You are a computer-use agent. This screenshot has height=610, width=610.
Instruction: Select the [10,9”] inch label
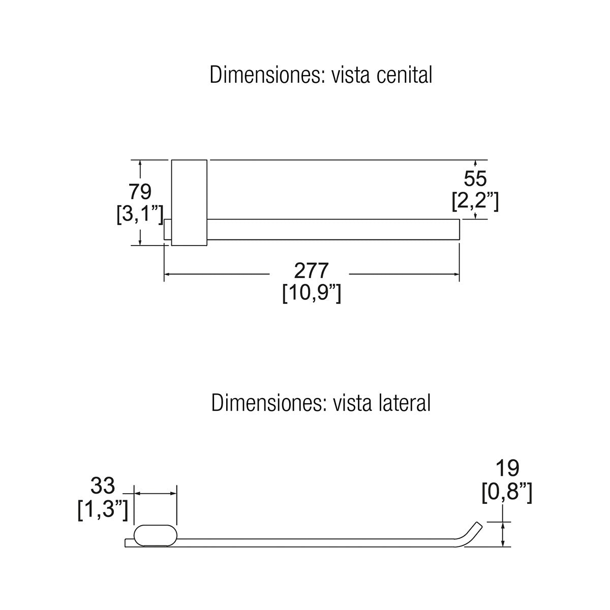click(x=312, y=293)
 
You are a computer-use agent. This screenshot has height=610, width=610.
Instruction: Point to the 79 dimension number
click(x=140, y=192)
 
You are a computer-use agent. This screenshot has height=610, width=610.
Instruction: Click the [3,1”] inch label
click(x=140, y=215)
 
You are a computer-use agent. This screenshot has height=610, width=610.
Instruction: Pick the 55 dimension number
click(x=475, y=178)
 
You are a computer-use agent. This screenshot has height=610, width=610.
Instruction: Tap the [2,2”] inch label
click(x=475, y=201)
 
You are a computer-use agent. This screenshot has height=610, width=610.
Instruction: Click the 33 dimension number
click(x=103, y=485)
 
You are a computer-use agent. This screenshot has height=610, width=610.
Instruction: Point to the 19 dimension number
click(x=507, y=468)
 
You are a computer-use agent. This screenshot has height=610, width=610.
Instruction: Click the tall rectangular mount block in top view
click(x=189, y=203)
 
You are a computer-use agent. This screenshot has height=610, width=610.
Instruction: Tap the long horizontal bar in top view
click(x=333, y=229)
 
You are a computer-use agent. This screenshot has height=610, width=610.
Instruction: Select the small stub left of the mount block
click(x=167, y=229)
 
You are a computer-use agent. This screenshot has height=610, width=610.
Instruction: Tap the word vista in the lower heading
click(x=352, y=403)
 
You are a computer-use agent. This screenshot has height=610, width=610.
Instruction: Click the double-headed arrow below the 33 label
click(x=156, y=494)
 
